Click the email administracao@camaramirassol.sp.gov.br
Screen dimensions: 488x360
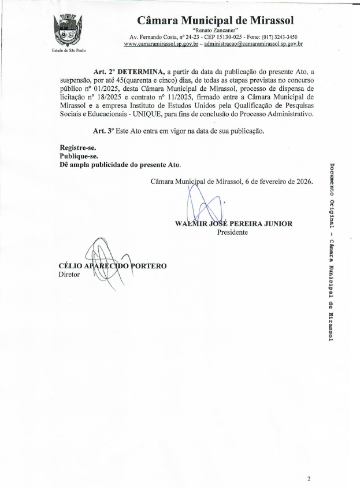click(x=254, y=44)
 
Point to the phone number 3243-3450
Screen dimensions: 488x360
click(x=285, y=36)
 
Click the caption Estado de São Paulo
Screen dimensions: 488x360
click(x=68, y=51)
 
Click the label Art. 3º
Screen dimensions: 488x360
click(x=102, y=131)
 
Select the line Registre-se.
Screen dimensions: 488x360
click(x=78, y=147)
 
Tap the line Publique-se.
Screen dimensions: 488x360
click(x=79, y=156)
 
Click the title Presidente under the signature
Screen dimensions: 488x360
click(x=232, y=232)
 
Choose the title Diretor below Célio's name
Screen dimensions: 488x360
click(x=69, y=275)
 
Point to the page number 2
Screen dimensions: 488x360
click(x=309, y=479)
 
